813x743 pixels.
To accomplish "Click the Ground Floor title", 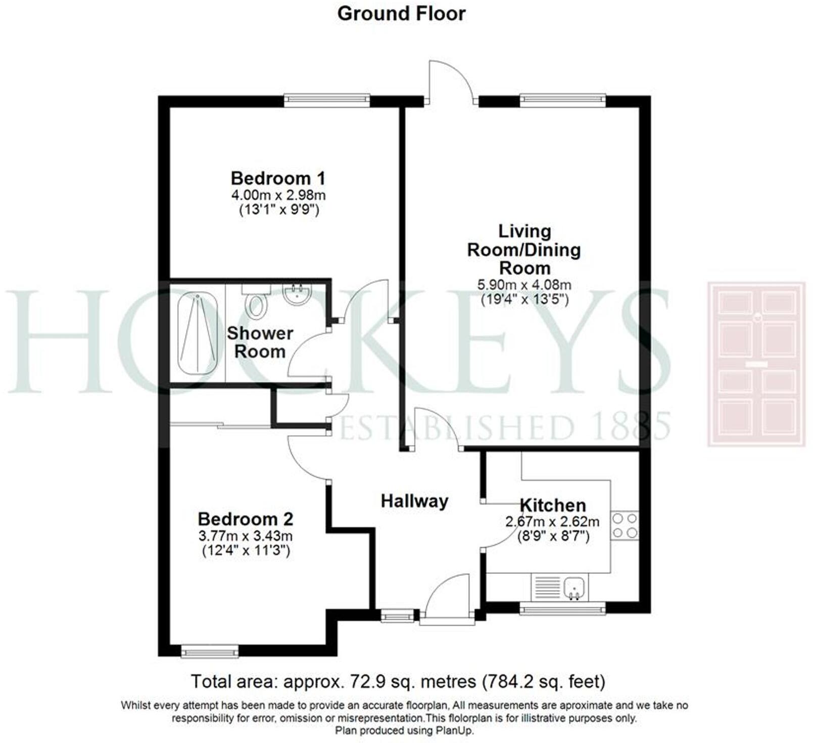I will pos(401,14).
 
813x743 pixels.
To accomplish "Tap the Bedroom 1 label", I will pos(278,178).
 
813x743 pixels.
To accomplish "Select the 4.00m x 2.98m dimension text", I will pos(278,195).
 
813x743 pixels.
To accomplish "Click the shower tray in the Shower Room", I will pos(198,333).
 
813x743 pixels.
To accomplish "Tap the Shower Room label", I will pos(260,342).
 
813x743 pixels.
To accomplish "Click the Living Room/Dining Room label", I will pos(524,250).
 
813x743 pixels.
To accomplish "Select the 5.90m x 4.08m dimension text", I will pos(524,285).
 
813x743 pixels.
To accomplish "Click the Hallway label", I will pos(414,501).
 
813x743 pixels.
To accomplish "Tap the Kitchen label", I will pos(553,506).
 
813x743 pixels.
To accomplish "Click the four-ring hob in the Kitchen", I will pos(625,526).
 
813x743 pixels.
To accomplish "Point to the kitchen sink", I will pos(575,588).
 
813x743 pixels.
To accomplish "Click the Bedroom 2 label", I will pos(246,519).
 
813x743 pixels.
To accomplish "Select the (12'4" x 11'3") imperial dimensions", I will pos(246,551).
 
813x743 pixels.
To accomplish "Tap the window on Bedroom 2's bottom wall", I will pos(210,652).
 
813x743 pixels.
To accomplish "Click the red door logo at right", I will pos(756,364).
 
